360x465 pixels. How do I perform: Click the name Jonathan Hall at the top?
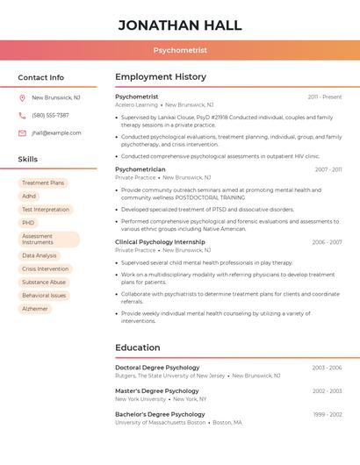pyautogui.click(x=180, y=25)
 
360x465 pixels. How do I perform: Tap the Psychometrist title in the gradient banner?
pyautogui.click(x=180, y=50)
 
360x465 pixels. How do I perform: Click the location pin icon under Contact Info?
pyautogui.click(x=22, y=97)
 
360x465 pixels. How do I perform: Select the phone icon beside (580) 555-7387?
pyautogui.click(x=22, y=115)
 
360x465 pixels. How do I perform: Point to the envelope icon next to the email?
pyautogui.click(x=22, y=133)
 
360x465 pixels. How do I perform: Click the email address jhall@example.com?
pyautogui.click(x=56, y=133)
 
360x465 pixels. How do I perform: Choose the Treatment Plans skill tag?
pyautogui.click(x=43, y=183)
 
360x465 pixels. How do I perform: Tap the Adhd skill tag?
pyautogui.click(x=29, y=197)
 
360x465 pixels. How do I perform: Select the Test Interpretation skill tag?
pyautogui.click(x=46, y=210)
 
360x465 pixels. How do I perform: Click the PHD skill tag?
pyautogui.click(x=28, y=223)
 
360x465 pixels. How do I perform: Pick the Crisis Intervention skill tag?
pyautogui.click(x=45, y=269)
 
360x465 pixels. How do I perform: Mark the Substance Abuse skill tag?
pyautogui.click(x=44, y=283)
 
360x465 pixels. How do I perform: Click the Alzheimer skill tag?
pyautogui.click(x=35, y=309)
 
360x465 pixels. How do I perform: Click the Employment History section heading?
pyautogui.click(x=160, y=77)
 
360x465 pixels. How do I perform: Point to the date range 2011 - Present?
pyautogui.click(x=325, y=97)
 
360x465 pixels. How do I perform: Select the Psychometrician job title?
pyautogui.click(x=140, y=169)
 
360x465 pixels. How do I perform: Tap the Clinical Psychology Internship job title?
pyautogui.click(x=160, y=242)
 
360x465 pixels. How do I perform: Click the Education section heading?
pyautogui.click(x=137, y=347)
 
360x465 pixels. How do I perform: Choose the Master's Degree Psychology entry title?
pyautogui.click(x=156, y=391)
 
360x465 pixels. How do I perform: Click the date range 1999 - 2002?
pyautogui.click(x=327, y=414)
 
